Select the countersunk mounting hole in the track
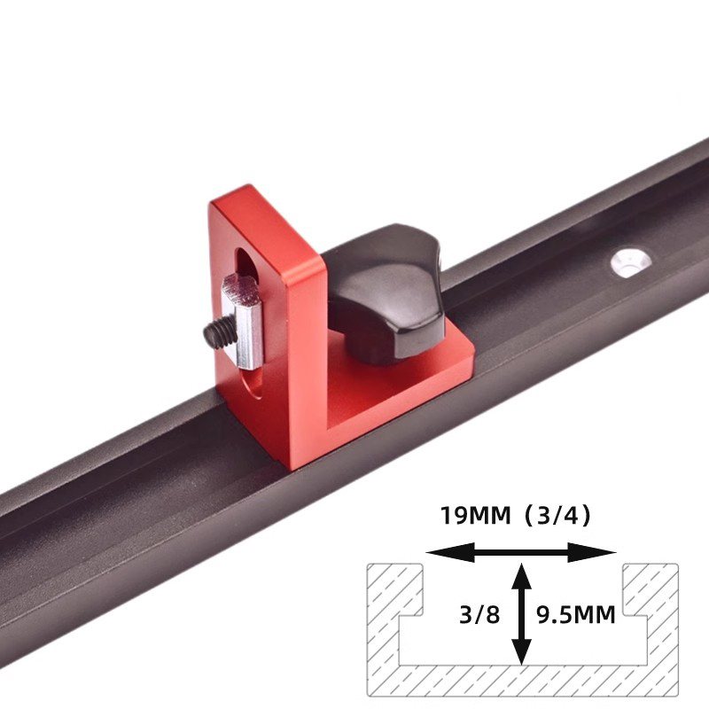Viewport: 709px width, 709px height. click(x=628, y=262)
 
